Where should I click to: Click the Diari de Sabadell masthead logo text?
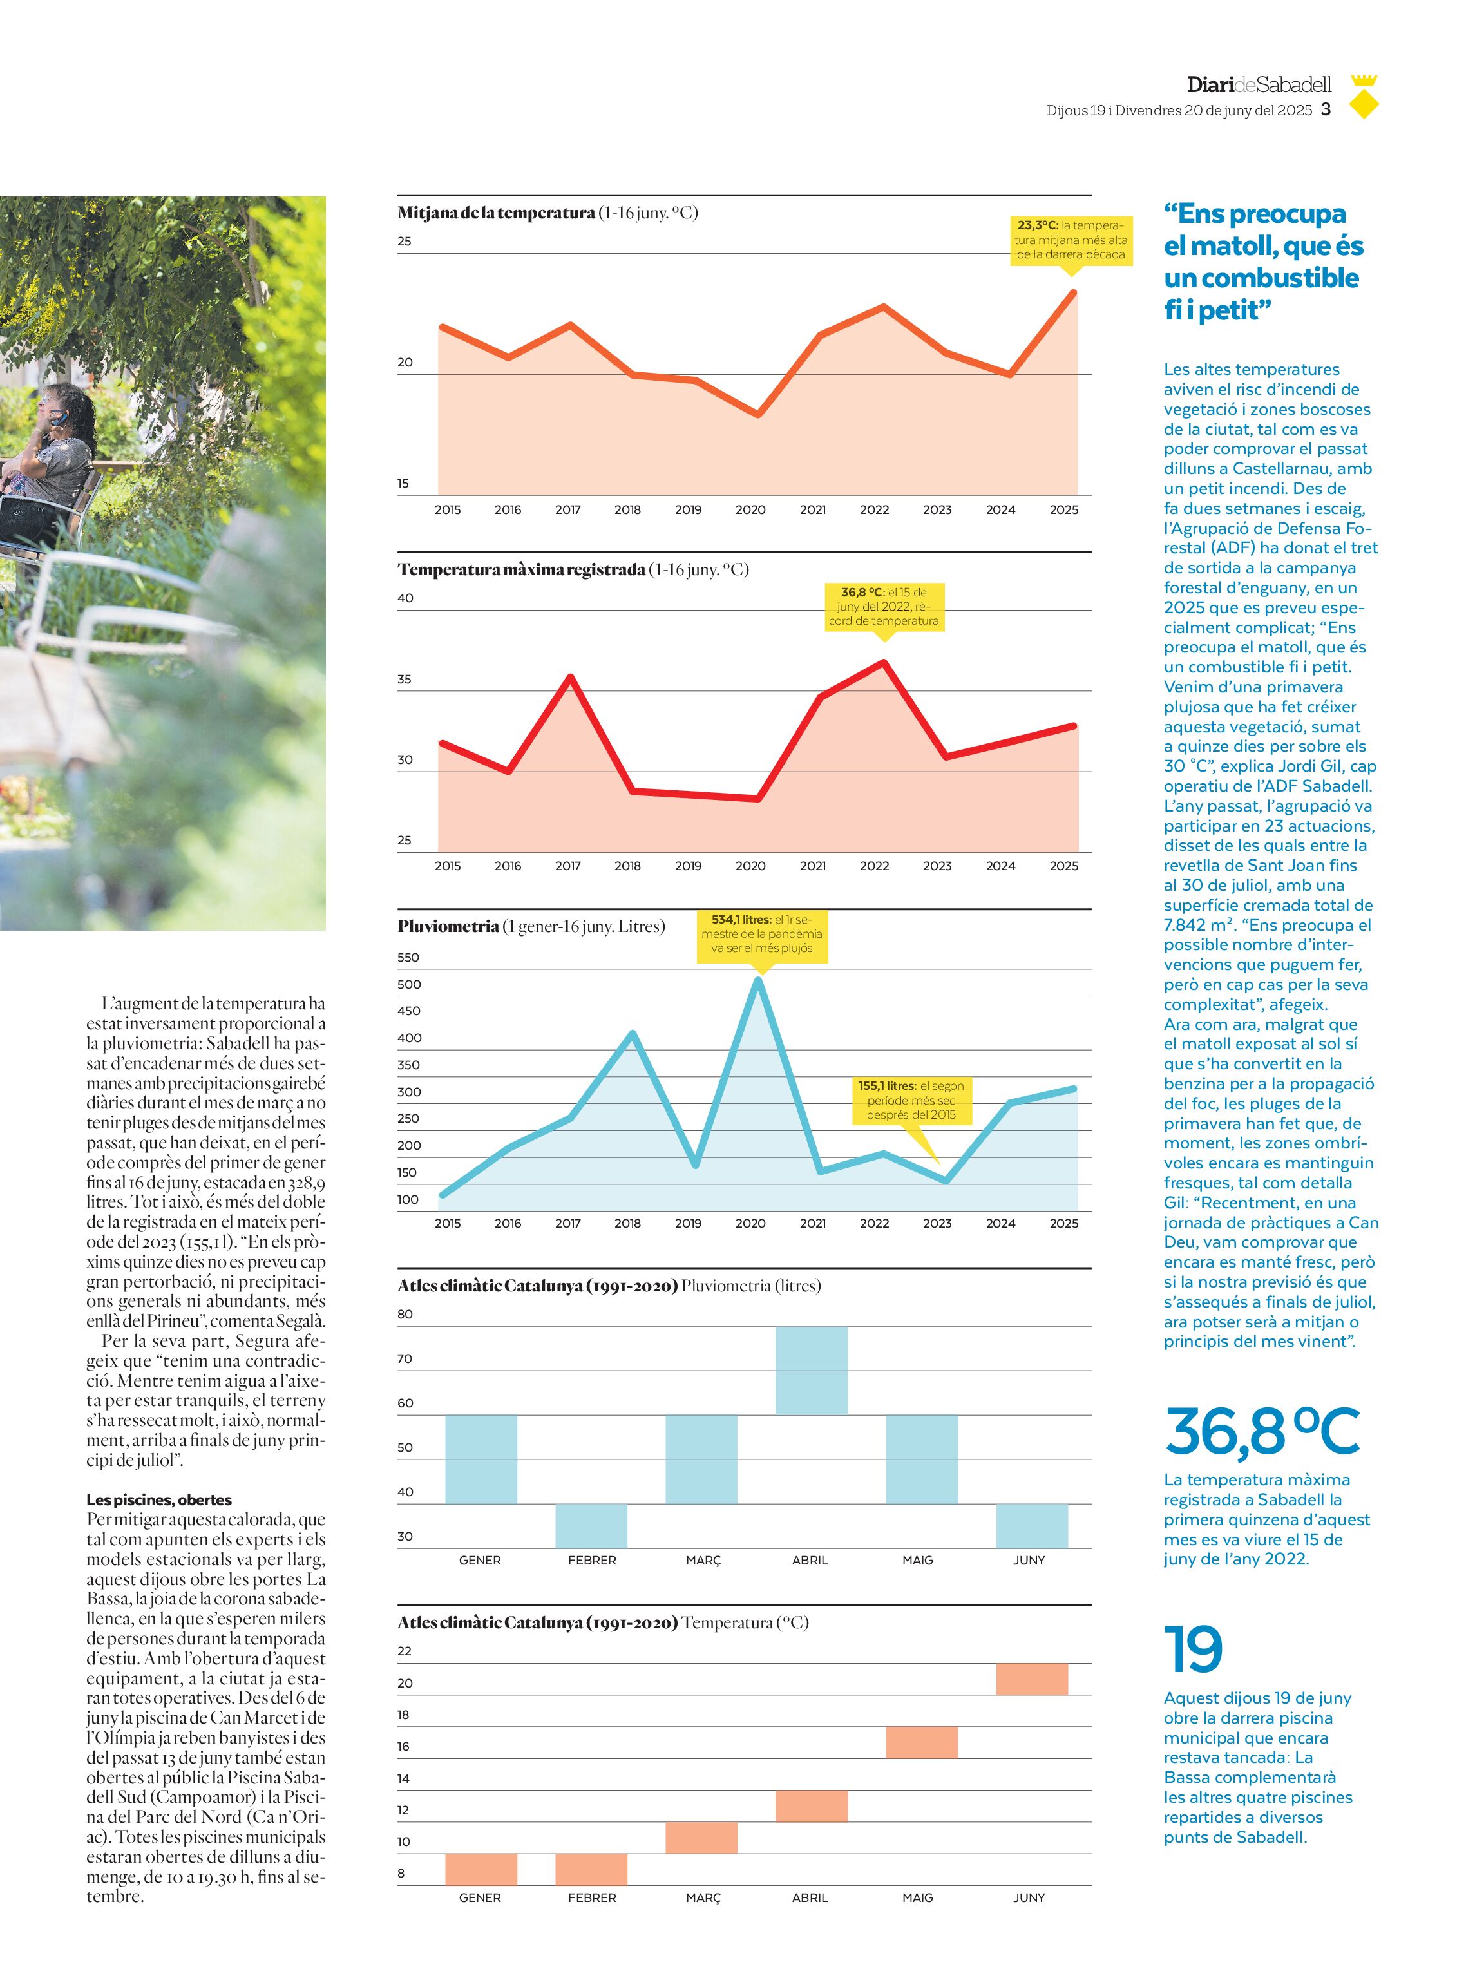tap(1259, 84)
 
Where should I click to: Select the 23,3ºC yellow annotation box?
tap(1071, 240)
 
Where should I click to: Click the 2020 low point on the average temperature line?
tap(758, 414)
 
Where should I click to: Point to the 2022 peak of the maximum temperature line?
tap(884, 662)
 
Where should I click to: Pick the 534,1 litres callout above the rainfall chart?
tap(761, 933)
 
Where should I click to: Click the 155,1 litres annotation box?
tap(911, 1100)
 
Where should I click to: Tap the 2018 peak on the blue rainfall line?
tap(632, 1033)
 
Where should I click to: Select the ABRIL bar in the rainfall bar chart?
tap(811, 1370)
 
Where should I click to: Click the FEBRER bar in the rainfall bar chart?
tap(591, 1525)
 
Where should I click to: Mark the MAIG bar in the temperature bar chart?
tap(922, 1742)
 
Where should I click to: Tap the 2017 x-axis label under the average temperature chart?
tap(568, 509)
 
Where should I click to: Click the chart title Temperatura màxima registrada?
tap(521, 570)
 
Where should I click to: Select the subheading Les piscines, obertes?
tap(159, 1499)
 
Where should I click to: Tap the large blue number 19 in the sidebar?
tap(1194, 1649)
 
